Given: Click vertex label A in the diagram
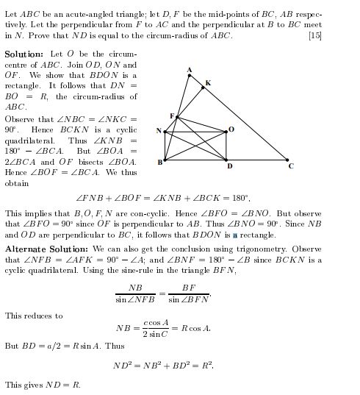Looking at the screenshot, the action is (189, 70).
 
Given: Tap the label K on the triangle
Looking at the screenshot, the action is (208, 83).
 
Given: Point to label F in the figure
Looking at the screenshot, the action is (172, 115).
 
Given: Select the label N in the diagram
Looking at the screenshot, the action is (159, 131).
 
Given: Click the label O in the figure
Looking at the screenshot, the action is (231, 129).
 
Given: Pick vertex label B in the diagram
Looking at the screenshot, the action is (159, 162).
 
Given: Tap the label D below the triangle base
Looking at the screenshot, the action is (229, 166).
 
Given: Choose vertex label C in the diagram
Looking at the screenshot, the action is (291, 166).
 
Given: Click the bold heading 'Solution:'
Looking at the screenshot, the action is (24, 55).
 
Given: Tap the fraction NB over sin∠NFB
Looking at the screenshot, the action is (135, 293).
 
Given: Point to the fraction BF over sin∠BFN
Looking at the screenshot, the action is (189, 293).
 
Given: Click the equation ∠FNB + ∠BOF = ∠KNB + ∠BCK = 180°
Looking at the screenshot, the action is (163, 198).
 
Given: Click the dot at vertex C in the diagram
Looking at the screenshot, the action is (288, 159).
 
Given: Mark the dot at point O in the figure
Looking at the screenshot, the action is (226, 132).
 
